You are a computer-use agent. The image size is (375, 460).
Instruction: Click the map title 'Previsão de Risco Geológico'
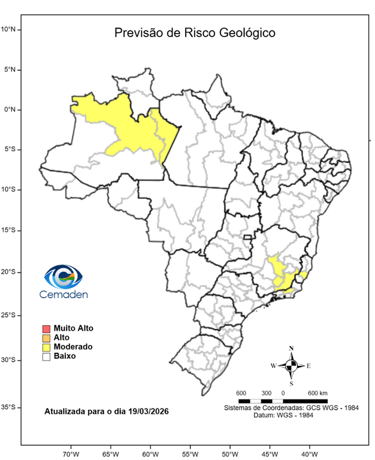coord(195,33)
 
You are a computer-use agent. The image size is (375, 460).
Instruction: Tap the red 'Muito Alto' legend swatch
coord(46,329)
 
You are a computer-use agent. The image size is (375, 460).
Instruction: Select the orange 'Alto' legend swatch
coord(46,338)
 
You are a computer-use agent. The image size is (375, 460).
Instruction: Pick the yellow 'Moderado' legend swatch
coord(46,347)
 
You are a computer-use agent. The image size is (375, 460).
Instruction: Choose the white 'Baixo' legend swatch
coord(46,356)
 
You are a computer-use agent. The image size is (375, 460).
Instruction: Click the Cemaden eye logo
coord(63,276)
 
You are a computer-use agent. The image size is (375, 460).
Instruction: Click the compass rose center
coord(291,365)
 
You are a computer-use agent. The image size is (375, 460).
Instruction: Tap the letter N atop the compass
coord(291,348)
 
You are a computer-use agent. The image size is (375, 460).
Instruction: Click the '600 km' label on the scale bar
coord(317,393)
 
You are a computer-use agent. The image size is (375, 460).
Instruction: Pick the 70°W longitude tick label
coord(71,453)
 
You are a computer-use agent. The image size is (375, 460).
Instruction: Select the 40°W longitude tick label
coord(309,453)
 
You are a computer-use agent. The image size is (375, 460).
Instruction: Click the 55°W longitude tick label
coord(190,453)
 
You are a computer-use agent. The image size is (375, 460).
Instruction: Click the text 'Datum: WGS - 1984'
coord(291,415)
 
